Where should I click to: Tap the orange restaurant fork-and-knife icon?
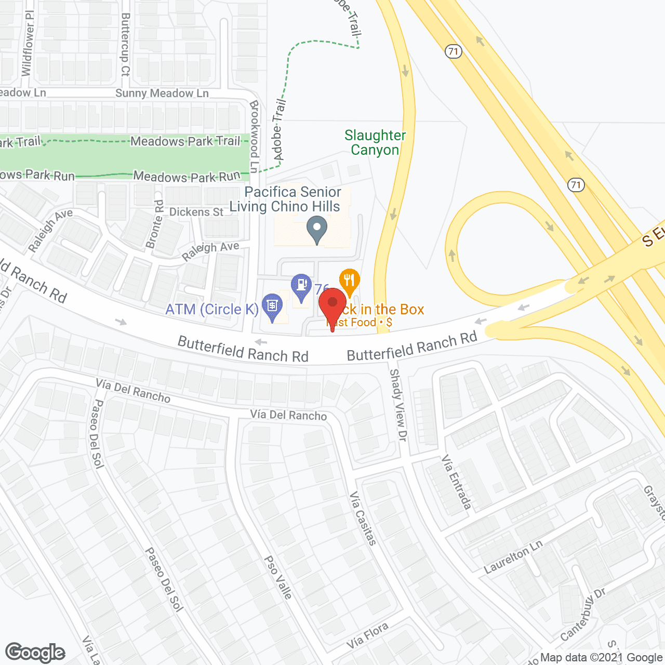click(350, 281)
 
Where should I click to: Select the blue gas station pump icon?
click(301, 286)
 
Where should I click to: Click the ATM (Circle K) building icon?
click(272, 306)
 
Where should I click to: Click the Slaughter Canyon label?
click(375, 143)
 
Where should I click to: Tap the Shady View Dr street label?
click(397, 405)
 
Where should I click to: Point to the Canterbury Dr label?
click(582, 615)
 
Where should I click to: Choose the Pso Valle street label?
click(278, 577)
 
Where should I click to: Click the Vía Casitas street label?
click(363, 518)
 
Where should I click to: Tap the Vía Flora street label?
click(367, 635)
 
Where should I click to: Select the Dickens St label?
click(196, 212)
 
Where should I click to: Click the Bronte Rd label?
click(155, 224)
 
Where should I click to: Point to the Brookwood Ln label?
click(254, 136)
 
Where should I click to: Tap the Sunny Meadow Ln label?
click(162, 94)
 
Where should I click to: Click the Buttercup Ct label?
click(125, 45)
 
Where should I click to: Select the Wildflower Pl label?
click(28, 43)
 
